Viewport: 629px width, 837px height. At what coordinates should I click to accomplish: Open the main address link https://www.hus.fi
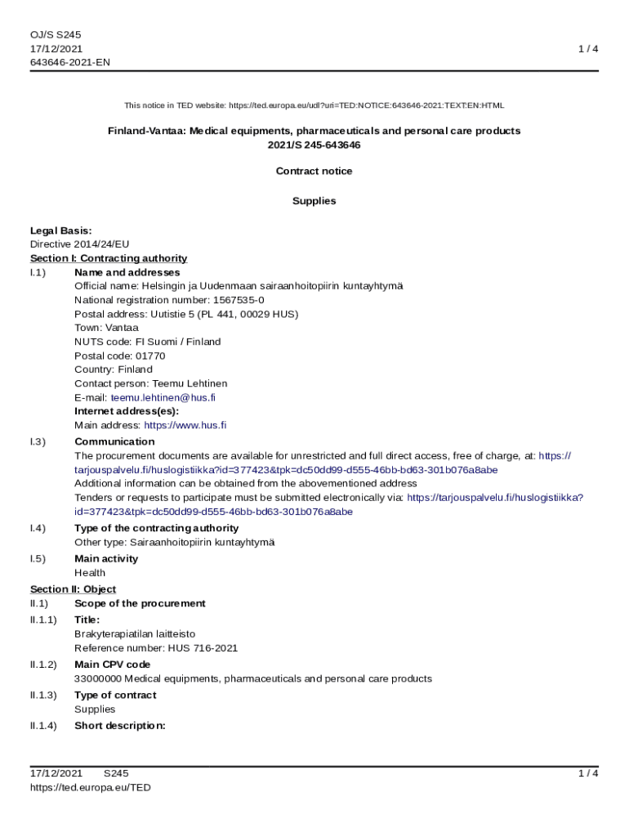point(185,425)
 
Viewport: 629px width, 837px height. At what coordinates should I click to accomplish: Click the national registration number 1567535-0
point(239,300)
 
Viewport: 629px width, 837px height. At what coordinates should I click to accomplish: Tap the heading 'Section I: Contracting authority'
point(109,258)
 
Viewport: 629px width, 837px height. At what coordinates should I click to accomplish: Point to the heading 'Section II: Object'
point(73,589)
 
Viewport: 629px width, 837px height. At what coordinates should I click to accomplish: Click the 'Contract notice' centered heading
point(314,172)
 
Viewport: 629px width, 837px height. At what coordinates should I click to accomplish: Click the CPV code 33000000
point(98,678)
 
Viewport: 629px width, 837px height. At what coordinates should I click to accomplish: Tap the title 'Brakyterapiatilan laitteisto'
point(135,634)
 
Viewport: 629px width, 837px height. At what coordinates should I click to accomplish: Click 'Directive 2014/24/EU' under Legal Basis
point(79,244)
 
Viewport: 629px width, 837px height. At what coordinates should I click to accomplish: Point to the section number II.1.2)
point(43,665)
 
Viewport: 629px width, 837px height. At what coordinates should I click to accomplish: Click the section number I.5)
point(38,559)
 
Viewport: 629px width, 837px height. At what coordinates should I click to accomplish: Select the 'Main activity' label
point(106,559)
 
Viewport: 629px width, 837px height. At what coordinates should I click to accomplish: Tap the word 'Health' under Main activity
point(90,573)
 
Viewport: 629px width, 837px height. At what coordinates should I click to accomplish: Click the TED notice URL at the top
point(366,105)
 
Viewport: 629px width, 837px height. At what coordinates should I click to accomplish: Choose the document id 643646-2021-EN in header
point(69,62)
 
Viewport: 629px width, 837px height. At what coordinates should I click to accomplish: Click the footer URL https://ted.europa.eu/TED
point(90,787)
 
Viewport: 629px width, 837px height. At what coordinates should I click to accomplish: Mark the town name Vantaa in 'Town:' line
point(123,328)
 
